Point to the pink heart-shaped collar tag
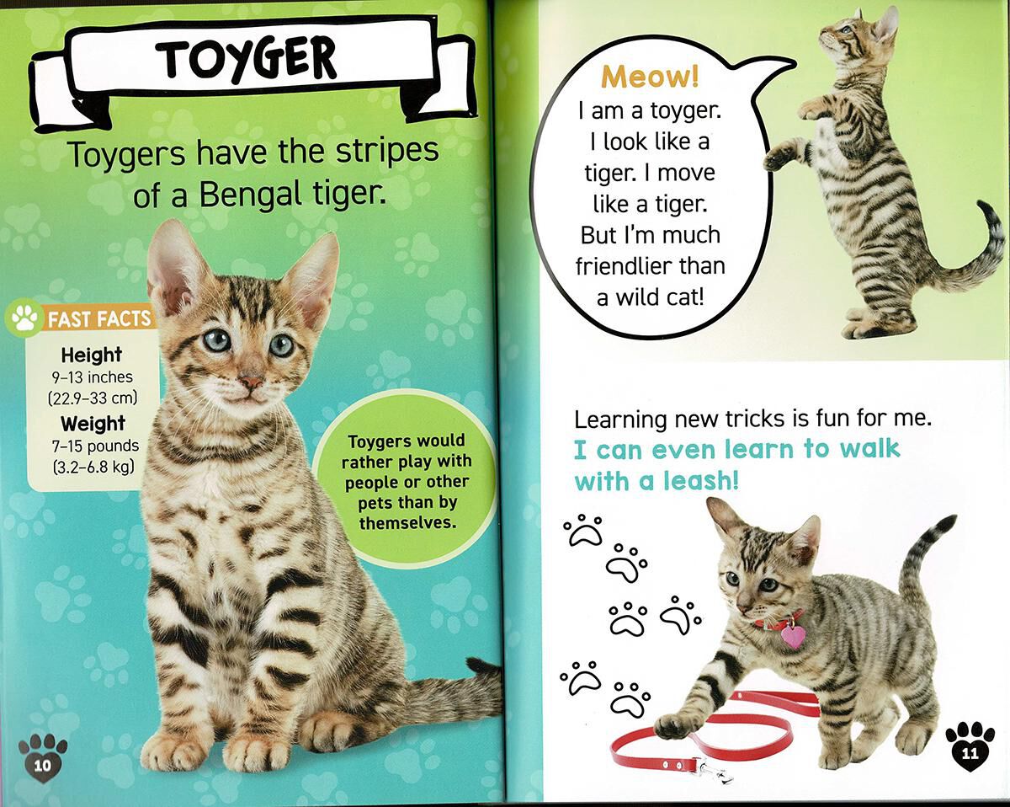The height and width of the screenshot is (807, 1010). pyautogui.click(x=792, y=635)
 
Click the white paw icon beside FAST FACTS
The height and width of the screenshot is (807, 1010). pyautogui.click(x=24, y=318)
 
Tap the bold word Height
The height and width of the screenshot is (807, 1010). pyautogui.click(x=91, y=355)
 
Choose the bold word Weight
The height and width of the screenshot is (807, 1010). pyautogui.click(x=93, y=424)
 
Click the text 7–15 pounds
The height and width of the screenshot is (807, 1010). pyautogui.click(x=94, y=446)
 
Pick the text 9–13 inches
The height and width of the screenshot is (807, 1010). pyautogui.click(x=93, y=377)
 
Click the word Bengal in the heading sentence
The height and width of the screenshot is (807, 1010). pyautogui.click(x=239, y=195)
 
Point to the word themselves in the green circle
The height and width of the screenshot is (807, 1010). pyautogui.click(x=407, y=523)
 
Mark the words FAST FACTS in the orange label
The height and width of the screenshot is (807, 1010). pyautogui.click(x=100, y=318)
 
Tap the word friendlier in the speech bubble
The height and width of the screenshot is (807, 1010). pyautogui.click(x=650, y=266)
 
